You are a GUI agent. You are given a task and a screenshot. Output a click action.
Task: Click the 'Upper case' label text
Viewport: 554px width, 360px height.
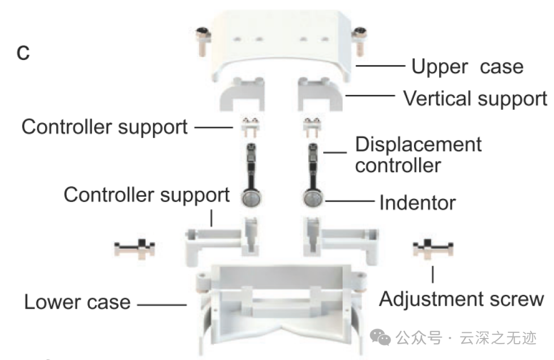(x=467, y=67)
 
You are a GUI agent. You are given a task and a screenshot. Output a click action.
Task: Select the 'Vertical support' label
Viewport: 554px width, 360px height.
(x=475, y=98)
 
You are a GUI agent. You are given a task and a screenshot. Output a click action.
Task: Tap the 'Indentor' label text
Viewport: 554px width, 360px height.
(x=417, y=203)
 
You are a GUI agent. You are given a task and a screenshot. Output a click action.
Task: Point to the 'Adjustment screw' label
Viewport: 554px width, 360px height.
(x=461, y=298)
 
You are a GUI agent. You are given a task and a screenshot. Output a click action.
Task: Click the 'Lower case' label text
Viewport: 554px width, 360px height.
(x=77, y=302)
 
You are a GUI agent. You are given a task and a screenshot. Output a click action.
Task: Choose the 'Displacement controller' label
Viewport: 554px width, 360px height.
(x=418, y=154)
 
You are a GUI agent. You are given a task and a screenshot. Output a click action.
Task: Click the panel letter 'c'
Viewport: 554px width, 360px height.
(x=23, y=53)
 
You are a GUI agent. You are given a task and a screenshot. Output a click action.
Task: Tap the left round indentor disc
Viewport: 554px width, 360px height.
(x=251, y=197)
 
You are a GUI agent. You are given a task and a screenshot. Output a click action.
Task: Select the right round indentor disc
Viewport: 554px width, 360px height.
(x=312, y=197)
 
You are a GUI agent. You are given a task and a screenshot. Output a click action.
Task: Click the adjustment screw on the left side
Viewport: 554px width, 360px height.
(x=134, y=249)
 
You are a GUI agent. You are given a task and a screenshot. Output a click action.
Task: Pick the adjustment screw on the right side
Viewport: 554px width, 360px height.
(x=433, y=249)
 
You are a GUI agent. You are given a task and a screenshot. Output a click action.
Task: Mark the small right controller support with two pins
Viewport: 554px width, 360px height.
(x=313, y=125)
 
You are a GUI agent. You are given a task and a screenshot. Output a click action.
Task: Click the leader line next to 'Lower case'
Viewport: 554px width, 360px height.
(x=162, y=305)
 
